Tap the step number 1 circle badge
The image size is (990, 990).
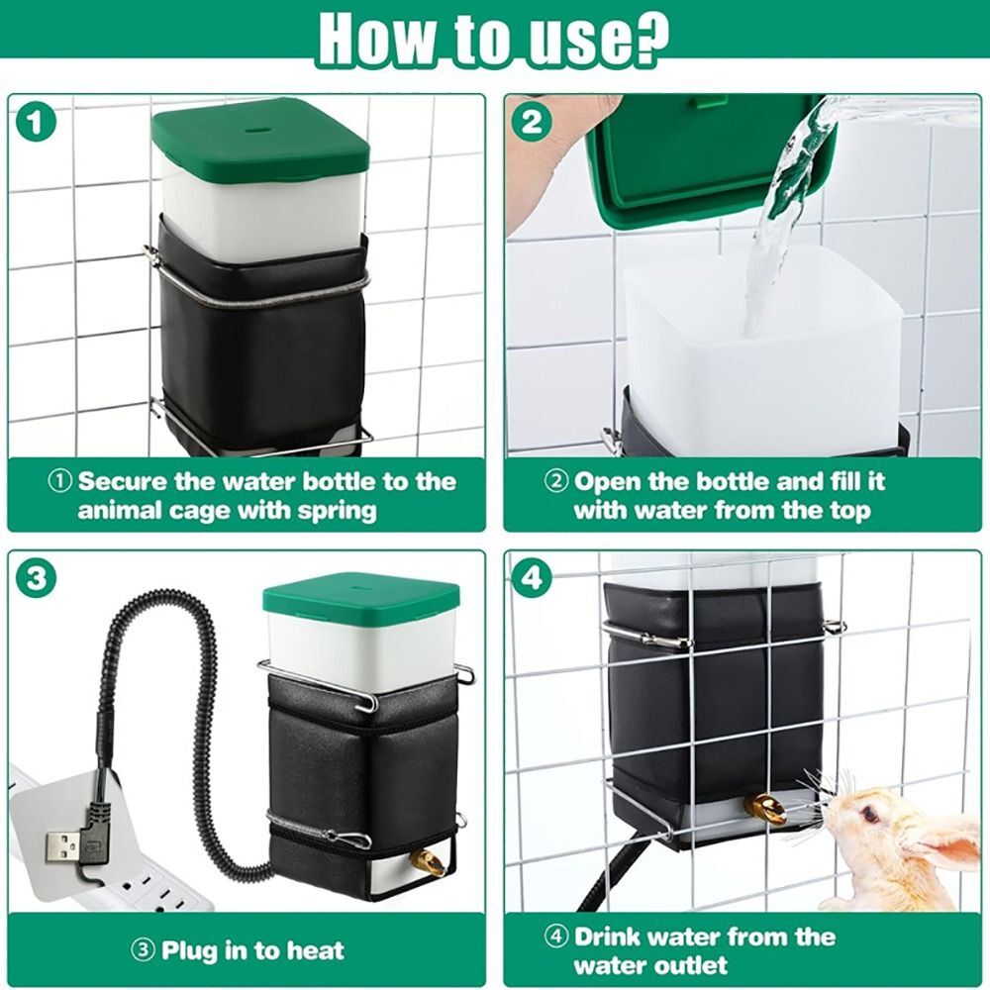[x=36, y=123]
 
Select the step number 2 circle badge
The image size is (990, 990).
[x=532, y=123]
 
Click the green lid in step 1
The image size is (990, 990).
[x=260, y=139]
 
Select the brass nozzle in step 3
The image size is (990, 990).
[x=429, y=862]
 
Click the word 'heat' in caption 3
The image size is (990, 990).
[x=313, y=951]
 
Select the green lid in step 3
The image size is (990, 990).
[x=361, y=599]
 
